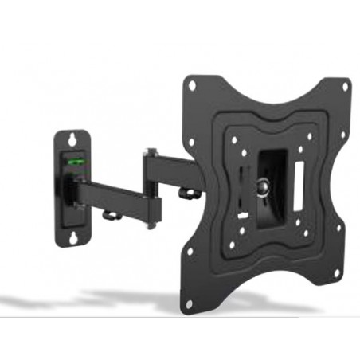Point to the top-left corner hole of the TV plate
pyautogui.click(x=191, y=85)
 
